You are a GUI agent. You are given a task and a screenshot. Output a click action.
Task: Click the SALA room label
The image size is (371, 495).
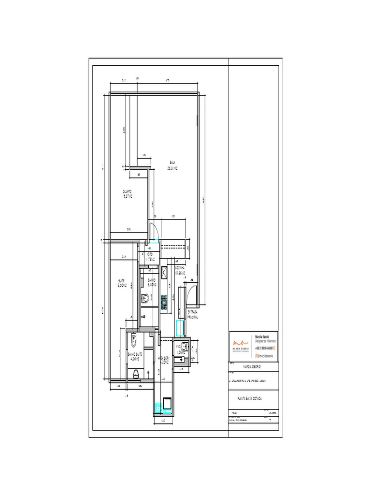point(172,165)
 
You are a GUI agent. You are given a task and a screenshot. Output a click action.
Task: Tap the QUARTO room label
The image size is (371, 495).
point(128,194)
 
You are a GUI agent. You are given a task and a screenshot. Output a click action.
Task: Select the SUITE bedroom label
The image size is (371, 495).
point(121,283)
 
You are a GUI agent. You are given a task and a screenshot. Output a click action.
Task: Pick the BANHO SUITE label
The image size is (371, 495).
point(134,357)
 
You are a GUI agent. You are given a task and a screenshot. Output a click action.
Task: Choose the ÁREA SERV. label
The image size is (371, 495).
point(163,360)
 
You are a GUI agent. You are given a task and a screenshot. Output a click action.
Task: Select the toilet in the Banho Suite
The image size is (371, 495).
point(135,340)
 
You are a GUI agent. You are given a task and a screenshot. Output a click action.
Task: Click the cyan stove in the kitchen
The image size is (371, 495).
point(164,301)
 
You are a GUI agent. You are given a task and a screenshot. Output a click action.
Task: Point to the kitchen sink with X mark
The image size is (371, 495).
point(164,274)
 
